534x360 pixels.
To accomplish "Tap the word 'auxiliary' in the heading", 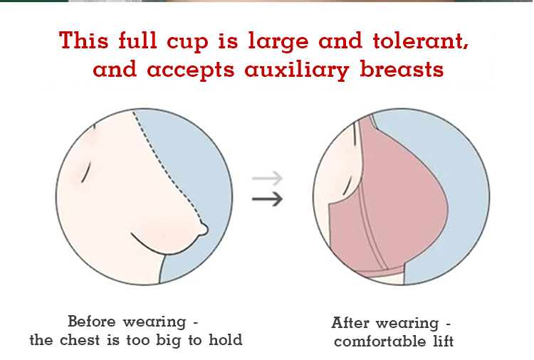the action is pos(297,70).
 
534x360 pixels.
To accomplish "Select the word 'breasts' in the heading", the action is pos(402,68).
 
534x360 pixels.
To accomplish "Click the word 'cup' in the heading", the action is pos(187,43).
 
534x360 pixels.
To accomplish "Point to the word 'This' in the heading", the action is pos(84,40).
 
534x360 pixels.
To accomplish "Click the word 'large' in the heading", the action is pos(278,42).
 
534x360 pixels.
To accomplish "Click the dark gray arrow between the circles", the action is pos(268,198).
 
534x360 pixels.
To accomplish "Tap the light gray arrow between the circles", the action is pos(268,178).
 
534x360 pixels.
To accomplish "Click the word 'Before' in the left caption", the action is pos(92,321).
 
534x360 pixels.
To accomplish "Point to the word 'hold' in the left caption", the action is pos(226,339).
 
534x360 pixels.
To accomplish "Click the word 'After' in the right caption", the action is pos(350,322).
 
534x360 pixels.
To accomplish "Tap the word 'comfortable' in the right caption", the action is pos(379,342).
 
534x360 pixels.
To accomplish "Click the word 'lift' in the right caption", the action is pos(444,342).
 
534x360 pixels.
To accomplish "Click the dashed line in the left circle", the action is pos(165,166).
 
